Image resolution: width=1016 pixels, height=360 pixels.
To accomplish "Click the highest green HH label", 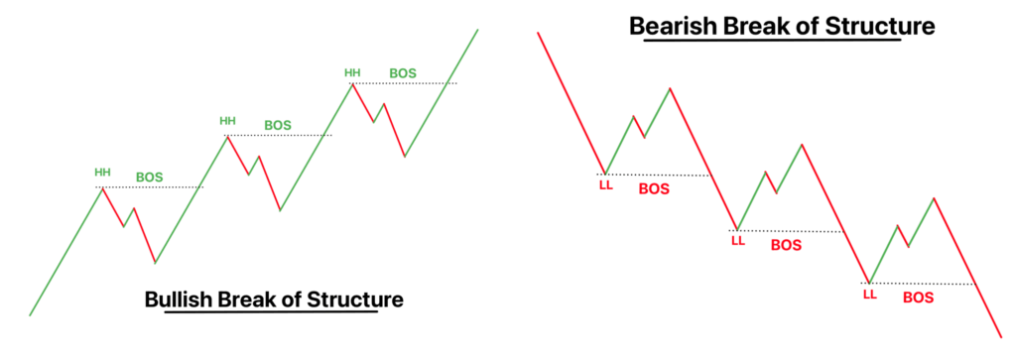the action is (352, 73).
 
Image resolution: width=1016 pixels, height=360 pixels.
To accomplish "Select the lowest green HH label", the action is (102, 173).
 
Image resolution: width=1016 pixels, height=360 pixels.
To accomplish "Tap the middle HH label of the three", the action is (227, 120).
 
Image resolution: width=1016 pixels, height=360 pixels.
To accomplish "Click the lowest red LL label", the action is (869, 296).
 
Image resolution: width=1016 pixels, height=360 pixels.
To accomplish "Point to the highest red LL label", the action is (604, 185).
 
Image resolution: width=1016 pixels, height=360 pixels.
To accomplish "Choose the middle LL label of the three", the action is (738, 242).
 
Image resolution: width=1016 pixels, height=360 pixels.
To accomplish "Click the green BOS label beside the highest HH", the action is (403, 73).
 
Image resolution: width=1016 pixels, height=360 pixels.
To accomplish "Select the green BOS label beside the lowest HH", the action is (149, 177).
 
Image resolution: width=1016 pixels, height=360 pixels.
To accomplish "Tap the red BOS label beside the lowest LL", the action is (919, 298).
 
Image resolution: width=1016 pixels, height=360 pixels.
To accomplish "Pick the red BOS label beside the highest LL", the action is (654, 189).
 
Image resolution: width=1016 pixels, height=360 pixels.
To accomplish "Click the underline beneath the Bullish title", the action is (272, 312).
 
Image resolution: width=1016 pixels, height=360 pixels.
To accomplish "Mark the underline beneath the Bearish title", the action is (772, 40).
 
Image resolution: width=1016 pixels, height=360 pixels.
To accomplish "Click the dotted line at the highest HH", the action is (405, 83).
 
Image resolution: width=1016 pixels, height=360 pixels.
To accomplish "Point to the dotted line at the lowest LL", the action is (921, 284).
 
